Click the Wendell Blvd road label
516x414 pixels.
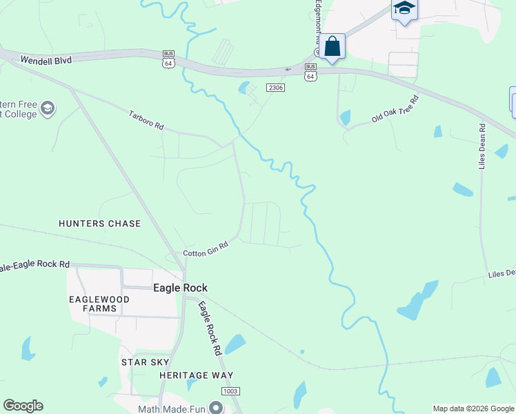click(46, 60)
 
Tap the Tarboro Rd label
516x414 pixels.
click(146, 119)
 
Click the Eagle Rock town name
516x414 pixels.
click(180, 288)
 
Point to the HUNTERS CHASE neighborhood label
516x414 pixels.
click(99, 224)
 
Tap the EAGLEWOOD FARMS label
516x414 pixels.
click(92, 304)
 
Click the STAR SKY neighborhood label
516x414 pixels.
click(145, 362)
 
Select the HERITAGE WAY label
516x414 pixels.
click(192, 375)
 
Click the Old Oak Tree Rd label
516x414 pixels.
click(395, 109)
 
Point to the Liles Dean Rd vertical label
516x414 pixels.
click(482, 146)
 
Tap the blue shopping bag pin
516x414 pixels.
click(332, 47)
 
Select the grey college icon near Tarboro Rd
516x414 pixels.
click(48, 108)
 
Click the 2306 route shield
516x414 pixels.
click(275, 88)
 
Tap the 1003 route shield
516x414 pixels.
click(230, 391)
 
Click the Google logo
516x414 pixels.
click(23, 406)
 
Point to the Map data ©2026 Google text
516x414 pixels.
click(473, 408)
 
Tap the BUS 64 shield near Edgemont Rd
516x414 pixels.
click(310, 72)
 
